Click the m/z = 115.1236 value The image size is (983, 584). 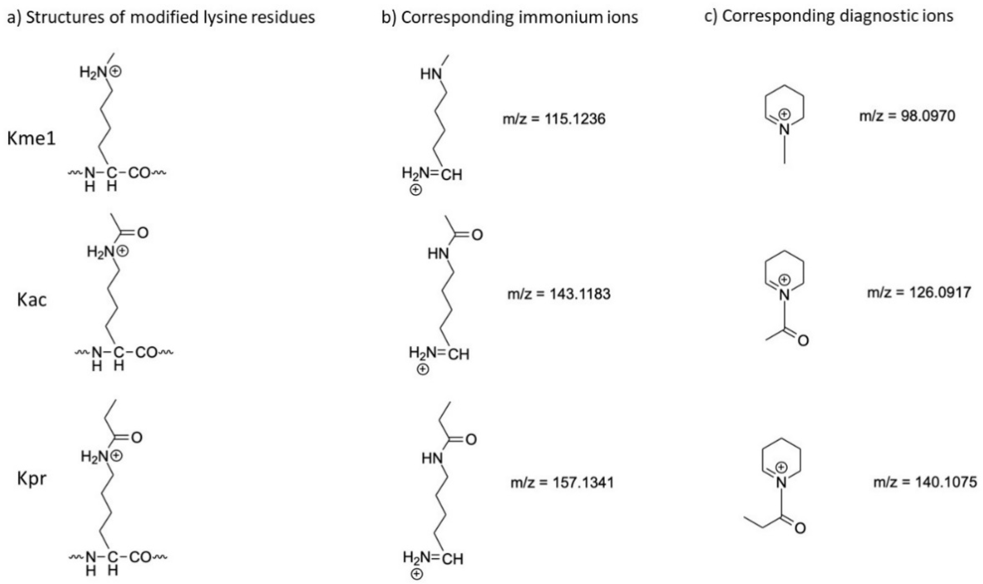[x=554, y=119]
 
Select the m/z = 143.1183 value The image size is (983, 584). [x=559, y=294]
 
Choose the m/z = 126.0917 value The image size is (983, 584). [x=919, y=292]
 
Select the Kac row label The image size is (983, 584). [x=32, y=300]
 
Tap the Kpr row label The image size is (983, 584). [x=32, y=480]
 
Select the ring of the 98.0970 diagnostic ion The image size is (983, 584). [x=784, y=103]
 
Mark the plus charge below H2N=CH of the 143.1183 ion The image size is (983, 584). [x=423, y=370]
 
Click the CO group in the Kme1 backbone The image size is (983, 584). [x=140, y=173]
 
